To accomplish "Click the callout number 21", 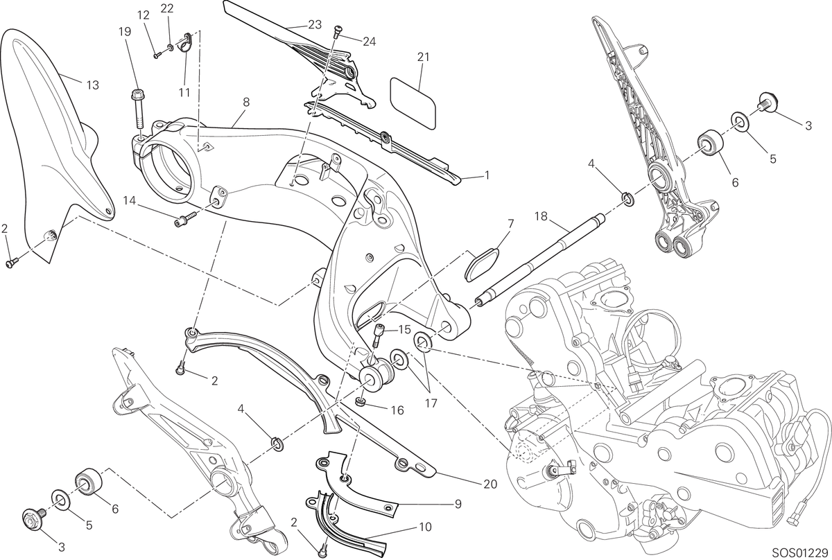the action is pos(423,58).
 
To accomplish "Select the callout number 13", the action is pos(93,85).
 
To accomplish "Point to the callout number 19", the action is pos(125,32).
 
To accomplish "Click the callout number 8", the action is pos(246,103).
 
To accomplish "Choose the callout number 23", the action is pos(315,24).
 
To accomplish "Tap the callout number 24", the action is pos(369,42).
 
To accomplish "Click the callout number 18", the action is pos(541,216).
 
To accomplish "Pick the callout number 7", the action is pos(510,224).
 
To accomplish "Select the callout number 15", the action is pos(404,329).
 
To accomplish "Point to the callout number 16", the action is pos(397,410).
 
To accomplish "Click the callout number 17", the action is pos(431,403).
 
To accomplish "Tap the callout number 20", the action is pos(490,484).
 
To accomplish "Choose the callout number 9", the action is pos(458,504).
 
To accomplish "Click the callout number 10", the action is pos(426,527).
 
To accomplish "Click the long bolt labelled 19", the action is pos(137,111).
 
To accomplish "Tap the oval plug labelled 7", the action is pos(482,265).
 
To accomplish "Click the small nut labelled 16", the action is pos(360,401).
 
